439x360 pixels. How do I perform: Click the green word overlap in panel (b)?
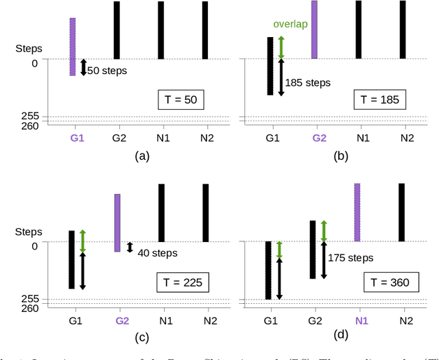click(290, 24)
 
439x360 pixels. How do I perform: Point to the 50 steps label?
click(108, 70)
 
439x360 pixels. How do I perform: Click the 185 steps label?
click(308, 82)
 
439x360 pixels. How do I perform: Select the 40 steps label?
click(157, 253)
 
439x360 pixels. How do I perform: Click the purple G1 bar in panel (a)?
click(73, 47)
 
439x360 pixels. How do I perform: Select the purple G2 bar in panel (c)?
click(117, 223)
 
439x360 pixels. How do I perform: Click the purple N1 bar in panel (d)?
click(357, 212)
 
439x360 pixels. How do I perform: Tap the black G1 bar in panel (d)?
click(269, 270)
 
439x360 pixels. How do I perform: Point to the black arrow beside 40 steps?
click(130, 247)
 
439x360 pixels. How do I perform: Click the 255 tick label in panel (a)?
click(30, 117)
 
